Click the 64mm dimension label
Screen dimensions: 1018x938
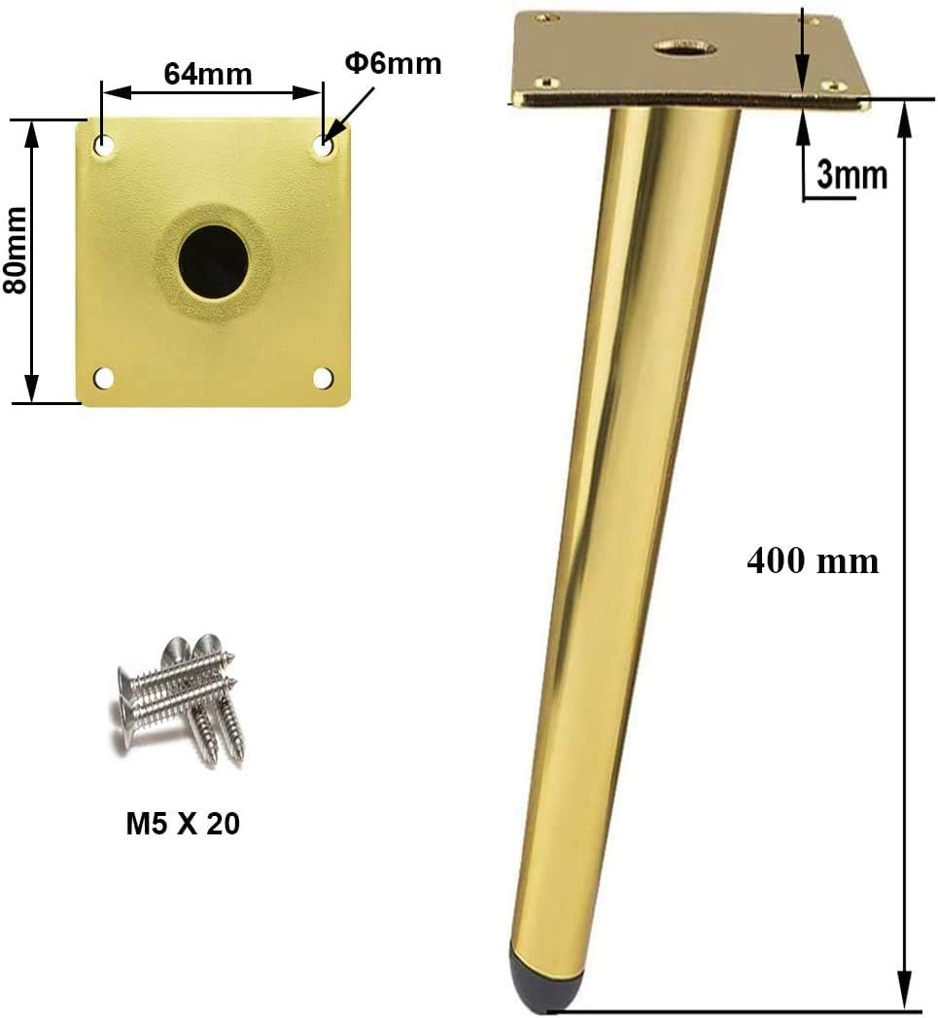point(207,74)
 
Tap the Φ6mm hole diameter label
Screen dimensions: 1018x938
point(393,64)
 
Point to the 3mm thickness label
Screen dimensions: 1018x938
point(851,175)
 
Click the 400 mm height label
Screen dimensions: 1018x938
point(813,560)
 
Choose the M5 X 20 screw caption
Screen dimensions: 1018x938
point(183,824)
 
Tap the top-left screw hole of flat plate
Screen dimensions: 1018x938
point(103,145)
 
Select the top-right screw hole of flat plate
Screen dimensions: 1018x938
point(324,147)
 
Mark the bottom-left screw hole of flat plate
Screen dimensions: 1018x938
point(103,377)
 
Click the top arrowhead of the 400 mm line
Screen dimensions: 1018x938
point(905,112)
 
